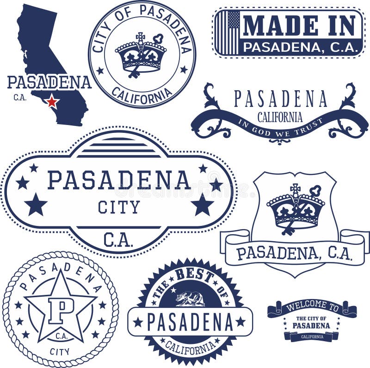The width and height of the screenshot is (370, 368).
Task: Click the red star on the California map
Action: tap(52, 101)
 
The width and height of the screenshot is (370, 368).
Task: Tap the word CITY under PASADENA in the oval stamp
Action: tap(119, 207)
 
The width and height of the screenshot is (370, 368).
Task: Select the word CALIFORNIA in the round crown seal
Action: tap(142, 95)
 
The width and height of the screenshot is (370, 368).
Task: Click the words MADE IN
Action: tap(300, 25)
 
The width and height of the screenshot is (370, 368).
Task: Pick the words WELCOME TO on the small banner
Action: tap(312, 306)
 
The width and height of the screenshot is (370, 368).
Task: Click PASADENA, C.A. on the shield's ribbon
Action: tap(294, 253)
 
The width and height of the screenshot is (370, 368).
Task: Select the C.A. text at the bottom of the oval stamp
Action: tap(119, 239)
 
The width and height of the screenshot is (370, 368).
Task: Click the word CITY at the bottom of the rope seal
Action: tap(60, 351)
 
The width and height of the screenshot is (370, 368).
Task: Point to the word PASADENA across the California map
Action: tap(49, 82)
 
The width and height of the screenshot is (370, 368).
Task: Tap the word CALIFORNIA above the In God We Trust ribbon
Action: tap(280, 117)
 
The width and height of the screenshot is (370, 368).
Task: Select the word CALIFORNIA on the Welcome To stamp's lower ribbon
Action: tap(312, 337)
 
